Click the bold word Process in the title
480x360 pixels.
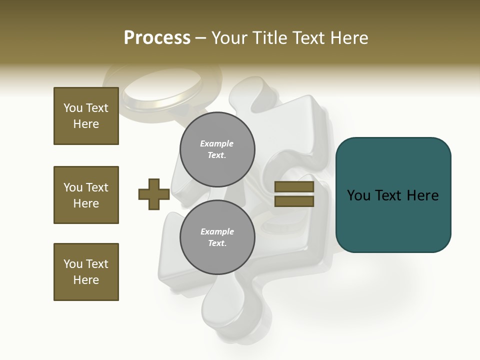click(157, 38)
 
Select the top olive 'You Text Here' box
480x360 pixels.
click(86, 116)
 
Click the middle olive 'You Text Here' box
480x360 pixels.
click(86, 195)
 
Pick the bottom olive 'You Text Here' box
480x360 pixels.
click(86, 272)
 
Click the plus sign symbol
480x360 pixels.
click(154, 194)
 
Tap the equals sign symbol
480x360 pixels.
click(294, 194)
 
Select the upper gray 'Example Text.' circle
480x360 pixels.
click(217, 149)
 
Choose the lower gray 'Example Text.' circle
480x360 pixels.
click(217, 237)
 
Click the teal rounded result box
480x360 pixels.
click(393, 195)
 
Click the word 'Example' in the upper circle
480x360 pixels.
click(217, 144)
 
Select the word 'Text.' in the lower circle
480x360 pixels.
click(217, 243)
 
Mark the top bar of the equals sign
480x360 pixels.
click(294, 187)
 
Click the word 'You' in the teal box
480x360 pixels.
click(359, 195)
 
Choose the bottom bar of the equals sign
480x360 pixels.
click(294, 201)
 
